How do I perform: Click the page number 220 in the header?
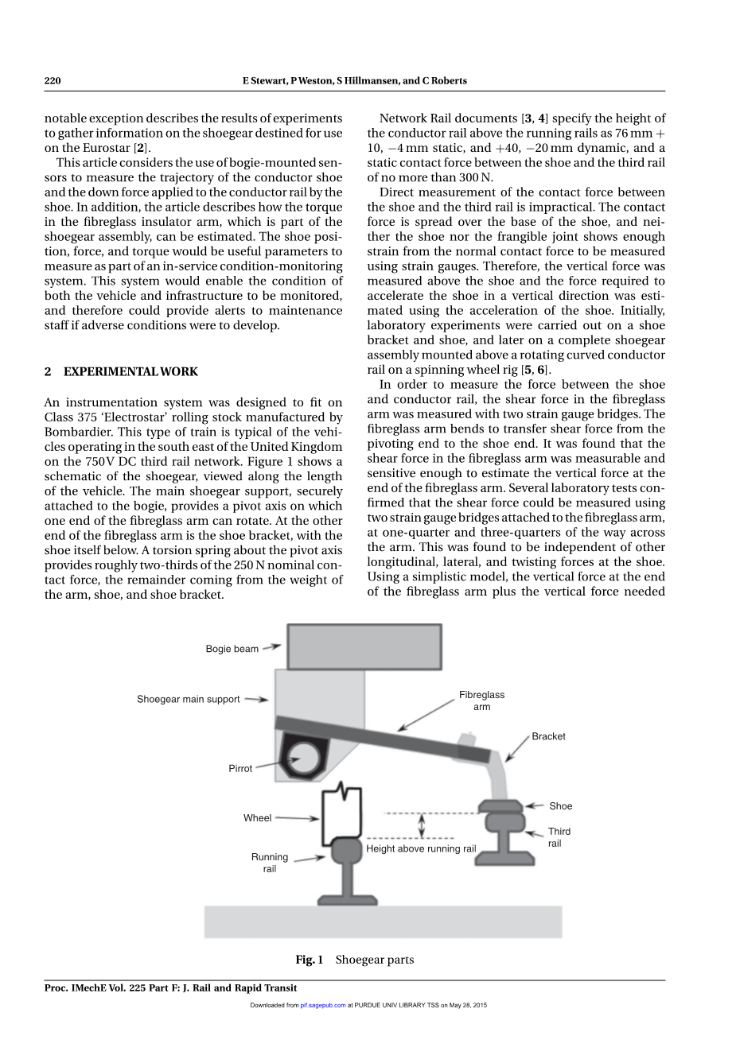53,80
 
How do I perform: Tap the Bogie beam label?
232,649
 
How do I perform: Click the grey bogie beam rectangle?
364,646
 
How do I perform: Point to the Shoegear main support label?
188,700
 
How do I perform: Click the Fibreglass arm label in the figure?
481,700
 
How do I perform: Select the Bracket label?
548,736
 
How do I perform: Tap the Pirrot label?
240,769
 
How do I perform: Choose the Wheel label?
257,818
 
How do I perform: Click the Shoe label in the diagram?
560,806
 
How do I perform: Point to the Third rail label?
558,837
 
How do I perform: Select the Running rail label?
270,863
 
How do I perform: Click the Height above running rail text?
421,849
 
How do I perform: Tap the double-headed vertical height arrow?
422,825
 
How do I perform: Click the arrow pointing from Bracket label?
517,748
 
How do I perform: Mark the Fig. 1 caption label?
309,960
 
